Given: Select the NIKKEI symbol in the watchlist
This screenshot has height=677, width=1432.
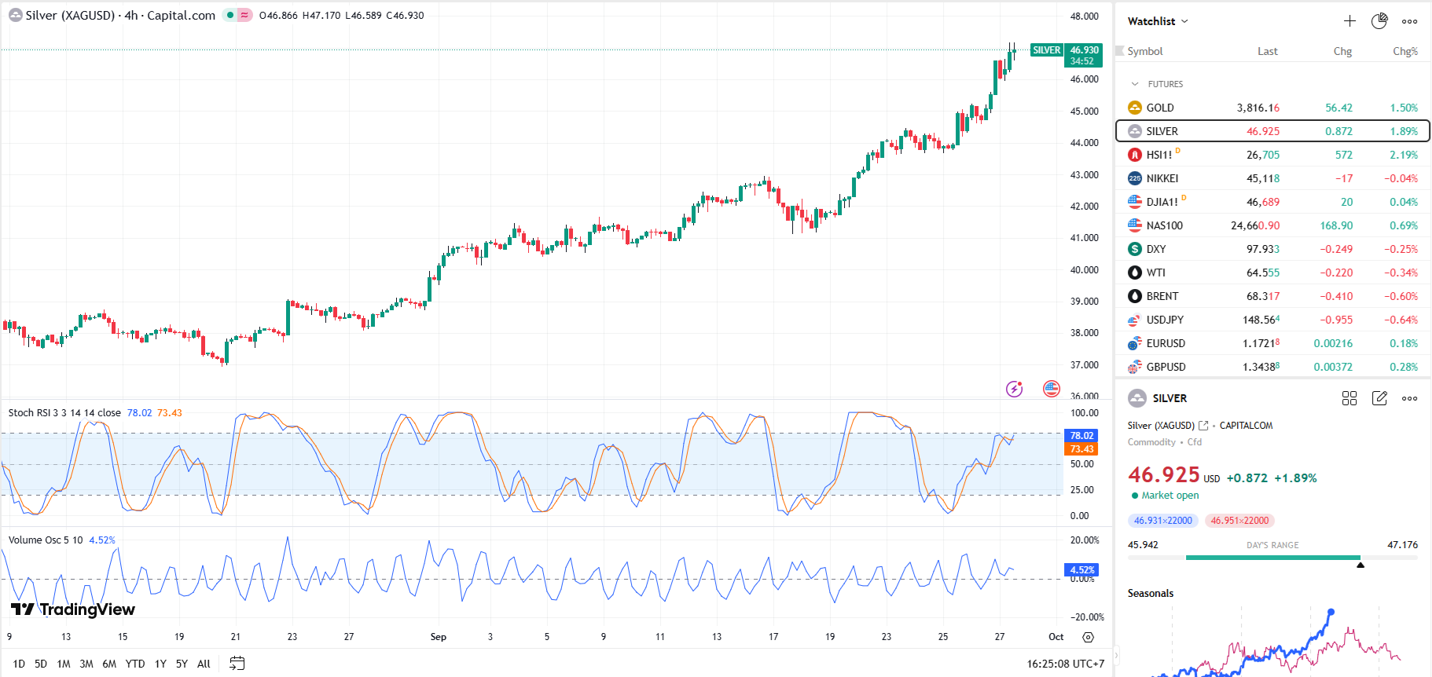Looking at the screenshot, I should (1162, 178).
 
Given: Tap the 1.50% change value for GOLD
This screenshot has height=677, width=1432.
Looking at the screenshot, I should (1403, 108).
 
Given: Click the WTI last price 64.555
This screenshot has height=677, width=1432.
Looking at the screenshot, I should (1262, 273).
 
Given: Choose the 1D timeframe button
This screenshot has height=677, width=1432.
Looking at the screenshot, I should (19, 664).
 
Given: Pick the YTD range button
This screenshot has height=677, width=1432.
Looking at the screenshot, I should (135, 664).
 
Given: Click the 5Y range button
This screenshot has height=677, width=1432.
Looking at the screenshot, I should (182, 664).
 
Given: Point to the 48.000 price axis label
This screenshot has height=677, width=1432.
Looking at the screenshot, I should (1084, 16).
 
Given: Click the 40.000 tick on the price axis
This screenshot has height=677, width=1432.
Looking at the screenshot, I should (1084, 270).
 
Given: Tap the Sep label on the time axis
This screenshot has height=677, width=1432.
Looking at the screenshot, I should (439, 637).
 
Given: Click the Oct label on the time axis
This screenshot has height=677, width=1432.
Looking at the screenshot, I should (1056, 637).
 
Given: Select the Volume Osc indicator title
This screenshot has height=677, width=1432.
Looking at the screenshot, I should (46, 540).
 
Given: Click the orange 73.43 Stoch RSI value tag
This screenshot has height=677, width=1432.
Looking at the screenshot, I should (1081, 449).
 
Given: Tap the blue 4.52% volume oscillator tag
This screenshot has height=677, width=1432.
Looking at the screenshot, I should (1081, 570).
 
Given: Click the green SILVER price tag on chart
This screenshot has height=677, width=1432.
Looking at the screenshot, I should (1046, 50).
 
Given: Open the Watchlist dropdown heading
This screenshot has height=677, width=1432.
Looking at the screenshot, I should (1157, 21).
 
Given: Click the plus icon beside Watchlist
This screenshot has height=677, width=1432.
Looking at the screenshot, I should (1349, 21).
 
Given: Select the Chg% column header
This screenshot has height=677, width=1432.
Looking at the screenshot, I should (1404, 52).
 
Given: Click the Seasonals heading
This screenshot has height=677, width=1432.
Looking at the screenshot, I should (1151, 594).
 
